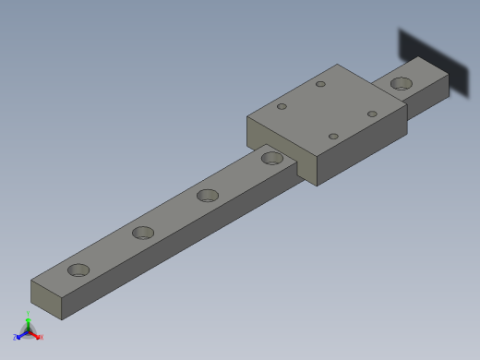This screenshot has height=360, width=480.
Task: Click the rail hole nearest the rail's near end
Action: tap(79, 270)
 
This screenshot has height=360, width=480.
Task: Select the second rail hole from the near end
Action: tap(143, 233)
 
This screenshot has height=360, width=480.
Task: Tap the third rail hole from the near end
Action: tap(208, 196)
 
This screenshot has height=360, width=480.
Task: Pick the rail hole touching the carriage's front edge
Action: tap(272, 158)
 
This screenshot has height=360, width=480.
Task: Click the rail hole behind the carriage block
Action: tap(402, 84)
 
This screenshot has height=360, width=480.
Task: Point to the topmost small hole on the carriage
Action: tap(320, 84)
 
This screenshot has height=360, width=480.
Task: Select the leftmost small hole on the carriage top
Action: tap(282, 106)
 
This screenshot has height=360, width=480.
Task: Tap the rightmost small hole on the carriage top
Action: tap(372, 114)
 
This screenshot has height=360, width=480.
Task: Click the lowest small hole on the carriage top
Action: tap(333, 137)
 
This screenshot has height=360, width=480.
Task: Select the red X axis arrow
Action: tap(36, 335)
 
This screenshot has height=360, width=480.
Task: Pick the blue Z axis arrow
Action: tap(20, 335)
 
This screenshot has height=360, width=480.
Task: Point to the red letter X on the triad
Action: tap(41, 338)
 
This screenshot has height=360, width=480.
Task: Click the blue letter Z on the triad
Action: tap(16, 338)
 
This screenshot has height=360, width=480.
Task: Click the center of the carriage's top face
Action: tap(327, 111)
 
